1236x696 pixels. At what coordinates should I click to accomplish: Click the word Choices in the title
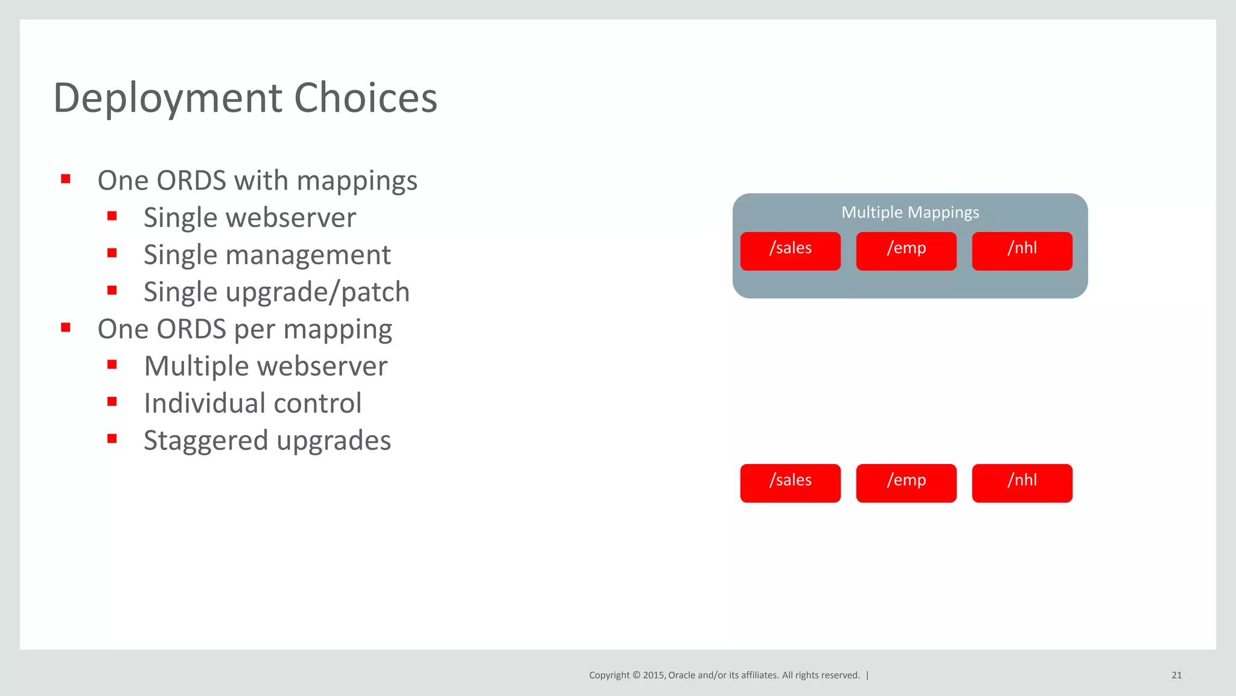click(x=365, y=98)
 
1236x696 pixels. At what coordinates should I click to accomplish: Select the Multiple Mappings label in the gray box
click(x=910, y=213)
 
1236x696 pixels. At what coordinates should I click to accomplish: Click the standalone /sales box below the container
click(x=790, y=483)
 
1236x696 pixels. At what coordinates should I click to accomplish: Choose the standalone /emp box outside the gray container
click(x=906, y=483)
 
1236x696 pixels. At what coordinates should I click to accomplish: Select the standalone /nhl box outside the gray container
click(x=1022, y=483)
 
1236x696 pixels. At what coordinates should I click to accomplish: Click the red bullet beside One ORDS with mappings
click(x=66, y=179)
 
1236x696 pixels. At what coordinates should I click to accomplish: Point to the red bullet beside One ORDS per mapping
click(x=66, y=327)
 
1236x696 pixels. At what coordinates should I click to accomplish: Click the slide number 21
click(x=1176, y=675)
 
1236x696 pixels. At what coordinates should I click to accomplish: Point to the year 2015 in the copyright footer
click(x=653, y=675)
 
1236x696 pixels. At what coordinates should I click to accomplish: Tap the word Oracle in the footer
click(x=681, y=675)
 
